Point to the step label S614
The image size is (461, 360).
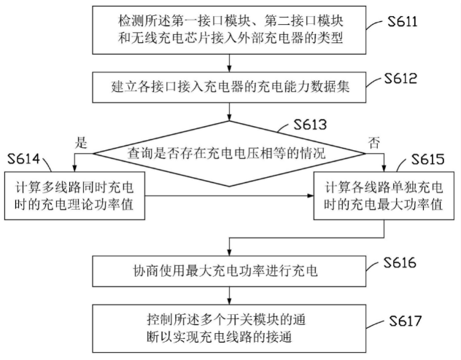(25, 160)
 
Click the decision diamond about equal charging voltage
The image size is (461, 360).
(230, 153)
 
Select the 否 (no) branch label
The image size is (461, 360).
(375, 142)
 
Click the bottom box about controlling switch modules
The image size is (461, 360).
(230, 327)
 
